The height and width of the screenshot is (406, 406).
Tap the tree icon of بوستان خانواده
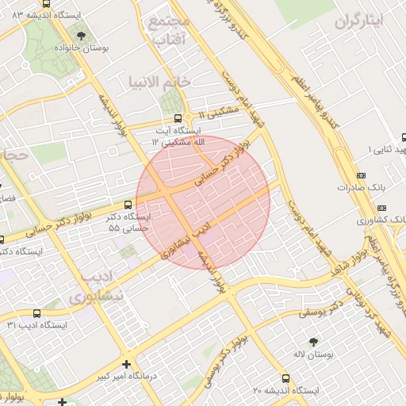pos(82,35)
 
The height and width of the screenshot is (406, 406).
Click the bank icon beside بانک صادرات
pos(362,175)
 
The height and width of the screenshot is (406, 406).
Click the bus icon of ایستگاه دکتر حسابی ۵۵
pos(128,204)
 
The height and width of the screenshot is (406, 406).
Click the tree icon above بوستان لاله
pos(313,340)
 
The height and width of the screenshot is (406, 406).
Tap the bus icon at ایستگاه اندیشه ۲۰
pos(286,378)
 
